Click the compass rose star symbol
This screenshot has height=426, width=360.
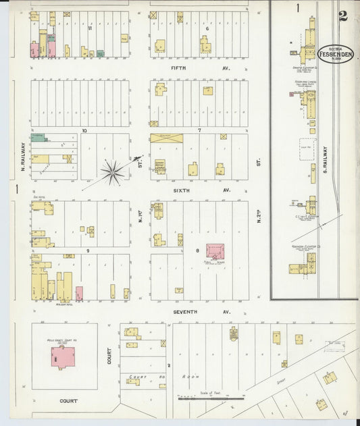point(112,172)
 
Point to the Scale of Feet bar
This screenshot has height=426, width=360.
point(211,398)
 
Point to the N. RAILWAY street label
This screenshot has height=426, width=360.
point(22,156)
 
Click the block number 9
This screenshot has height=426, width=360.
point(87,251)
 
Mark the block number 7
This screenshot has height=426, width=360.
point(199,130)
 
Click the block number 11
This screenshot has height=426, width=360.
point(89,28)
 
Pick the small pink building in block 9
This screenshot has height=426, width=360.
point(79,293)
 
